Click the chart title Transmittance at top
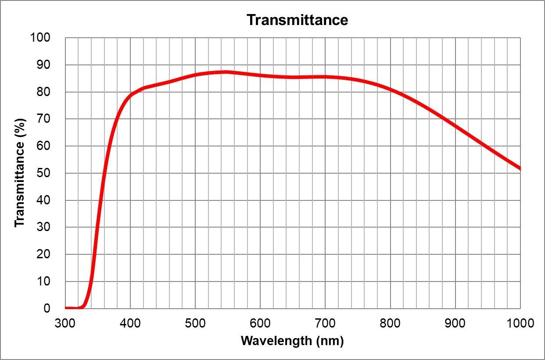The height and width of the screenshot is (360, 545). [x=297, y=20]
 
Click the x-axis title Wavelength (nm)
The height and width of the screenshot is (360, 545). [x=292, y=341]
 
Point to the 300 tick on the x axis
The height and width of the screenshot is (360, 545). [x=65, y=324]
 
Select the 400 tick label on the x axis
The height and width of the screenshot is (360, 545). [x=130, y=324]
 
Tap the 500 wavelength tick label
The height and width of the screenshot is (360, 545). [x=195, y=324]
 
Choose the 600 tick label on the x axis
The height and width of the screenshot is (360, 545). [x=260, y=324]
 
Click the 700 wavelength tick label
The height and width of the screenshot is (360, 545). [x=325, y=324]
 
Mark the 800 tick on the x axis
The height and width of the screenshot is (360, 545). [x=390, y=324]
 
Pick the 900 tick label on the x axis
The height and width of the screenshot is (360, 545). [x=455, y=324]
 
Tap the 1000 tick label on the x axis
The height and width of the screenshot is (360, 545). [x=520, y=324]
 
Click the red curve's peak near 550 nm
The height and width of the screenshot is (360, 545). [x=226, y=72]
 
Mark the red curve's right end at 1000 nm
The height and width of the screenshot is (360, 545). [x=520, y=168]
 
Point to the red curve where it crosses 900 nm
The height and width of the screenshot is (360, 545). [x=455, y=126]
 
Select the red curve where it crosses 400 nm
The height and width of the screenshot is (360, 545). [x=130, y=95]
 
